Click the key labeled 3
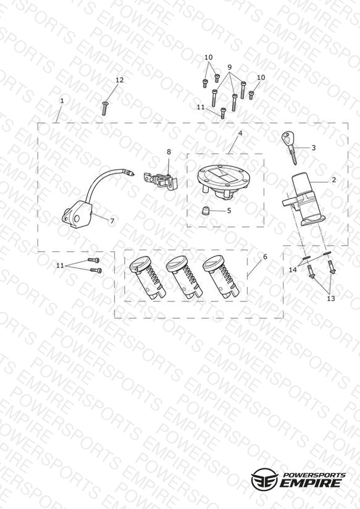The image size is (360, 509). (289, 145)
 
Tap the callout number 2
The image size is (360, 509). (334, 180)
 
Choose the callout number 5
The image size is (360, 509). (229, 211)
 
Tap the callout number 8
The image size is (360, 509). (169, 151)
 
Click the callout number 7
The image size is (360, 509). (112, 221)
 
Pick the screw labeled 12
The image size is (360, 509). (104, 108)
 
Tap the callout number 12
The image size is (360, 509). (120, 80)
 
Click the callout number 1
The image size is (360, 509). (62, 101)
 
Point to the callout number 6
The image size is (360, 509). (265, 257)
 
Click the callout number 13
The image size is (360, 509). (331, 298)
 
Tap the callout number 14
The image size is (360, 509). (293, 270)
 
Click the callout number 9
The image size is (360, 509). (230, 67)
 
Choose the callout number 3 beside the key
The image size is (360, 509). (313, 148)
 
